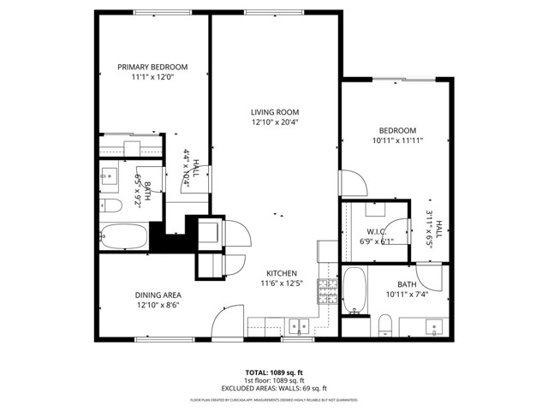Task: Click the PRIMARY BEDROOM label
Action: coord(152,67)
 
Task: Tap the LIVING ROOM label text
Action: coord(274,111)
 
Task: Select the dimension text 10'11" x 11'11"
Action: coord(398,140)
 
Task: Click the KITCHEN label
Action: coord(281,272)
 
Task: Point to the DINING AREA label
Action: coord(158,295)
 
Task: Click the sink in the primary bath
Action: coord(109,178)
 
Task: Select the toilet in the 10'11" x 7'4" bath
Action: coord(385,325)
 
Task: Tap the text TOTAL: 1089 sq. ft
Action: coord(273,372)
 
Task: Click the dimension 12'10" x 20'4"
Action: coord(274,122)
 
